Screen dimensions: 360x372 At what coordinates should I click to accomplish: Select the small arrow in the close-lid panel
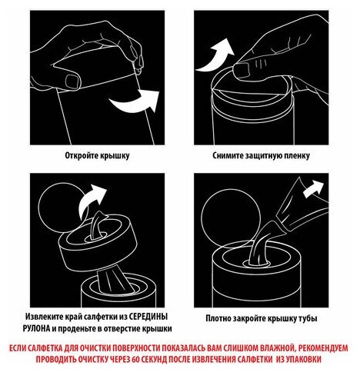point(313,188)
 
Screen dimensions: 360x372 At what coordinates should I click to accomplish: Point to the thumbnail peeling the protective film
point(242,70)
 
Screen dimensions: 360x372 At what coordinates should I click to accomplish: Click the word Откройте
point(81,155)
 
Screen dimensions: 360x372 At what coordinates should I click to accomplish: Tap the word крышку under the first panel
point(114,156)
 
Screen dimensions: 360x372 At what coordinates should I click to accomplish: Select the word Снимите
point(228,155)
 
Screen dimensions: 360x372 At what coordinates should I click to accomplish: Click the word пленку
point(295,156)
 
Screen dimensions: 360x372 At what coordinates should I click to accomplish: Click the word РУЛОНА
point(36,329)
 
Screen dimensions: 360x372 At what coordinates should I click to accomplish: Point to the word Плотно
point(218,318)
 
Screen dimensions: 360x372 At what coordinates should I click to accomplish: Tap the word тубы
point(308,318)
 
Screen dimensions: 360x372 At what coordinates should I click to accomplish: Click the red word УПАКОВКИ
point(302,359)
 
